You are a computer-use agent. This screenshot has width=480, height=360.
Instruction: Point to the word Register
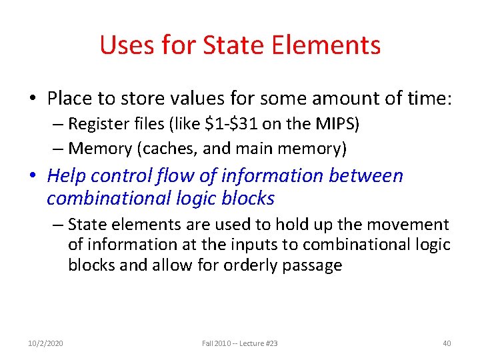point(99,125)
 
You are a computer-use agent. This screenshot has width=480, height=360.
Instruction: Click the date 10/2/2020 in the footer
point(45,343)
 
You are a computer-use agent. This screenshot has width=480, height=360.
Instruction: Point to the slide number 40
point(447,343)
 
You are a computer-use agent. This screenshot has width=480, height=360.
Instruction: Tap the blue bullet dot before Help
point(33,176)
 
